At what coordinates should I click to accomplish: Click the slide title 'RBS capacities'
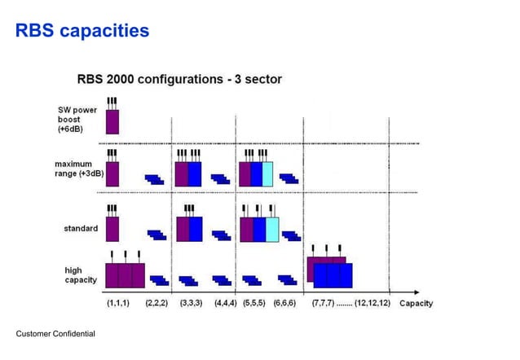click(82, 31)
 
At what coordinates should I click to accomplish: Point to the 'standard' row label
click(81, 228)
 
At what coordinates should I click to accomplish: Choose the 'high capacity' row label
click(80, 274)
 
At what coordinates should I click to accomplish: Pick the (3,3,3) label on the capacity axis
click(192, 303)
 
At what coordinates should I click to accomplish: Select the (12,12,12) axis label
click(372, 303)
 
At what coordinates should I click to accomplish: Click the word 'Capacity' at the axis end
click(416, 303)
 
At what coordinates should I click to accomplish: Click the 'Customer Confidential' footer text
click(55, 334)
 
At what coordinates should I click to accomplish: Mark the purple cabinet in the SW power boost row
click(112, 121)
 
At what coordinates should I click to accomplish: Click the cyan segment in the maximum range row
click(267, 174)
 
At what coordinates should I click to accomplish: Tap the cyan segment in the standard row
click(272, 229)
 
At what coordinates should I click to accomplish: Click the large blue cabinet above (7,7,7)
click(333, 274)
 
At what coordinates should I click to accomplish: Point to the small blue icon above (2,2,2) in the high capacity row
click(158, 279)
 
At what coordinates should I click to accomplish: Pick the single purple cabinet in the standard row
click(112, 229)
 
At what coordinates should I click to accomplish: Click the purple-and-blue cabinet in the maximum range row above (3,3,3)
click(188, 174)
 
